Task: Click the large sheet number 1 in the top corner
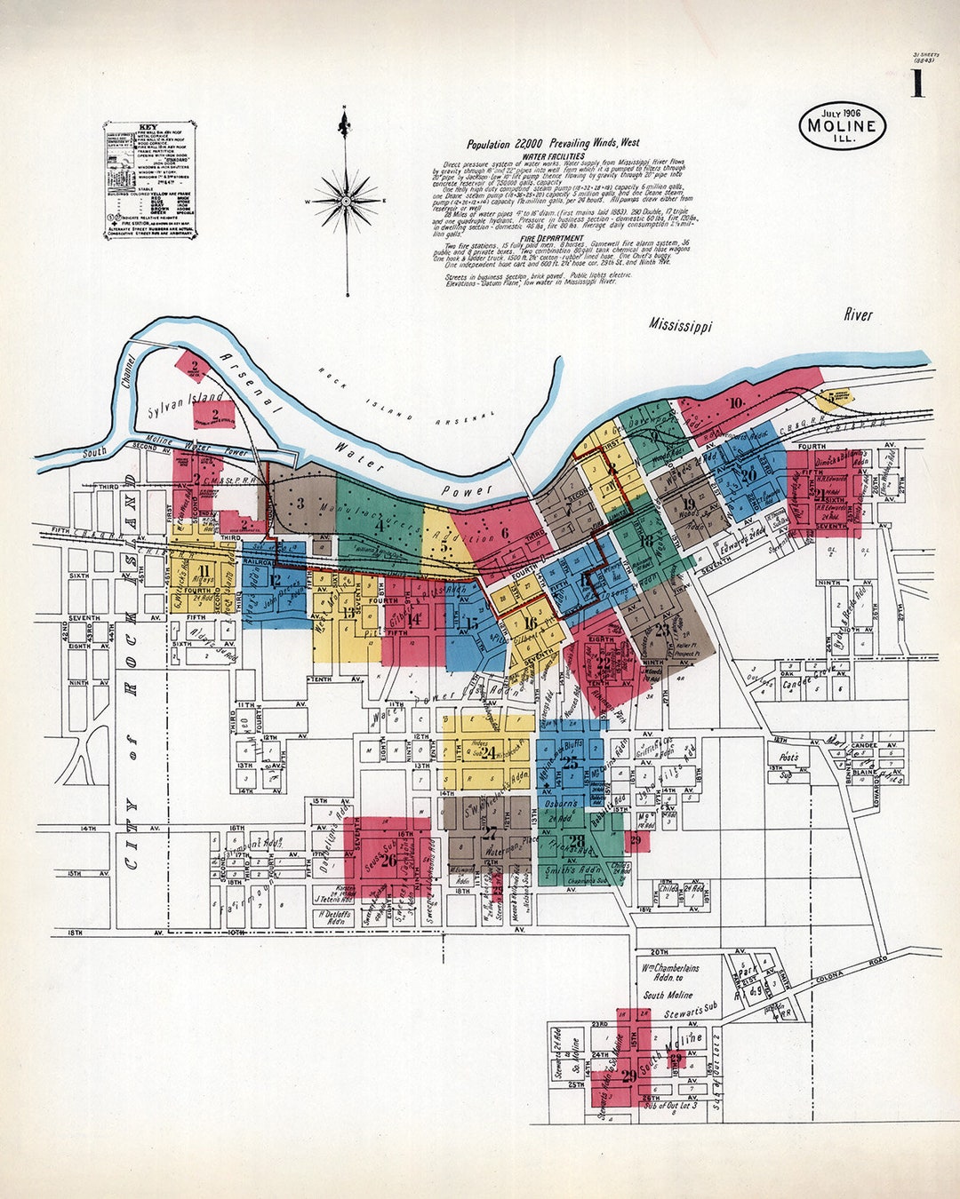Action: click(916, 84)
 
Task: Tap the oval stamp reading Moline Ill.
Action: click(842, 125)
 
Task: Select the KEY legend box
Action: click(149, 180)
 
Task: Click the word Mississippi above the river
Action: click(680, 325)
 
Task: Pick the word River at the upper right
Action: click(858, 314)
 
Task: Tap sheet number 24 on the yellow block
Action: click(487, 753)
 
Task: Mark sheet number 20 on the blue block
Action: click(748, 474)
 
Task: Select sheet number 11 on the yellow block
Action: click(205, 570)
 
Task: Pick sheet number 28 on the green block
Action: click(577, 841)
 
